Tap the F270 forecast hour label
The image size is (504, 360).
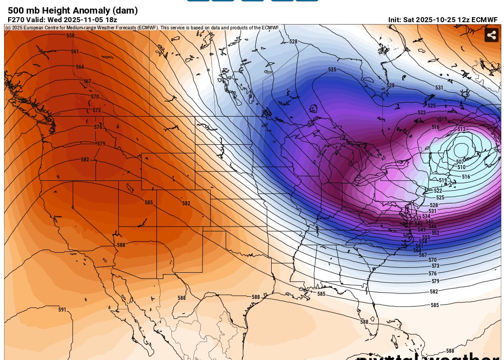pos(16,20)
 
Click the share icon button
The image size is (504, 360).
pos(491,35)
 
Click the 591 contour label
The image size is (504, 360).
pos(62,310)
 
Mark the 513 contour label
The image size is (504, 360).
pos(461,129)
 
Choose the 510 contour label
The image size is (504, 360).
pos(462,167)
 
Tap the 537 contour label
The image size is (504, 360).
pos(417,218)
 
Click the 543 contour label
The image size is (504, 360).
pos(419,224)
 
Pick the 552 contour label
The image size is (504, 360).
pos(435,233)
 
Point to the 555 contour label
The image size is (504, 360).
pos(426,237)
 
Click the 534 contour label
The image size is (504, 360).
pos(426,216)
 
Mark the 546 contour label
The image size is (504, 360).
pos(433,227)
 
